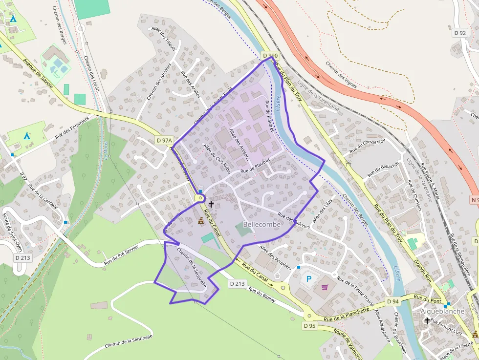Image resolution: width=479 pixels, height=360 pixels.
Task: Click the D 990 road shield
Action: (x=270, y=56)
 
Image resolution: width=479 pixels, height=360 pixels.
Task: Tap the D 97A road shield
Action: (x=165, y=140)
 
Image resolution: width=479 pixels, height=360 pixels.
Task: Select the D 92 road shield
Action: (x=460, y=33)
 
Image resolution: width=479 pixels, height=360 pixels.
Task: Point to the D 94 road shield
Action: (x=392, y=301)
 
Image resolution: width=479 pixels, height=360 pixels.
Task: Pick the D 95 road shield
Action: (x=309, y=325)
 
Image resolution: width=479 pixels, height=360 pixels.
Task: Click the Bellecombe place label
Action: (x=261, y=224)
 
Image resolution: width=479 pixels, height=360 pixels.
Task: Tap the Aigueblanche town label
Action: (x=442, y=311)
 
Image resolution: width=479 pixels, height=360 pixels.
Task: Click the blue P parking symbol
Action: (x=308, y=279)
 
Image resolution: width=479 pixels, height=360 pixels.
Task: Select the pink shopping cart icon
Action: (x=325, y=287)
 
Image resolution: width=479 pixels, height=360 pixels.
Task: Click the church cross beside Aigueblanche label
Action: (x=427, y=321)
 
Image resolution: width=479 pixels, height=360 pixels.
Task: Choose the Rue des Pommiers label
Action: (x=72, y=128)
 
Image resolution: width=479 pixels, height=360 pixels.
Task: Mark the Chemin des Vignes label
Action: (x=341, y=75)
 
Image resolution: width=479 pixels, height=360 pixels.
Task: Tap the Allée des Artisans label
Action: (x=239, y=145)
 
